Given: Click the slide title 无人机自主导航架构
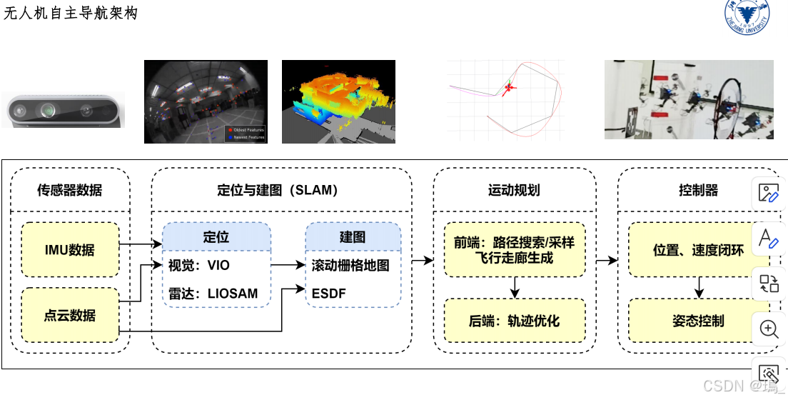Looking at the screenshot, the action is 71,13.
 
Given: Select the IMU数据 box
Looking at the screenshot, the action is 70,250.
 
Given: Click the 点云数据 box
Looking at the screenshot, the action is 70,315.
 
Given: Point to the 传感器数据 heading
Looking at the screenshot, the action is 70,190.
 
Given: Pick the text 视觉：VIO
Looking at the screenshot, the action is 199,266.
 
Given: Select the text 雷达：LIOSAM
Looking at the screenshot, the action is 213,293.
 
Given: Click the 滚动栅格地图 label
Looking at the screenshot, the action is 350,266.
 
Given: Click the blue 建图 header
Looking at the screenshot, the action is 352,236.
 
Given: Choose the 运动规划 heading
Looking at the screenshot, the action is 514,190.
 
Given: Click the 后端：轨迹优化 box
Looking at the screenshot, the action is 514,321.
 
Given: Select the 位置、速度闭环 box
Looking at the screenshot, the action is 698,250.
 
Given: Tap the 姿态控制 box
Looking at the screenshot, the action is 698,321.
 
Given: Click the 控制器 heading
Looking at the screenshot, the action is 698,190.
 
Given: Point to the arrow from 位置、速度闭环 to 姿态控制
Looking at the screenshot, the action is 699,288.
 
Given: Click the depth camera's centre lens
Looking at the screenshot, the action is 49,110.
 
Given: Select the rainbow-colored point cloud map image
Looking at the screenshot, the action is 338,101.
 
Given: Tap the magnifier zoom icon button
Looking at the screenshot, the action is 769,329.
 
